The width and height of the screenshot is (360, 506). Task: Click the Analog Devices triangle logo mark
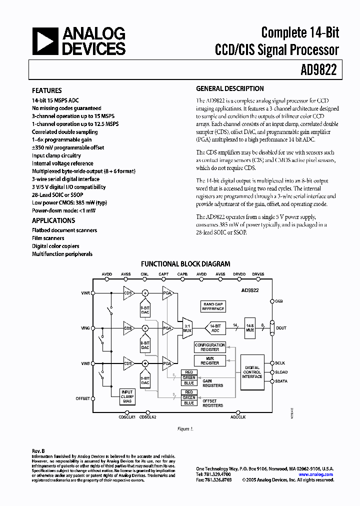[x=45, y=41]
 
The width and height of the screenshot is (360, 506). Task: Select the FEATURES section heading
[x=47, y=91]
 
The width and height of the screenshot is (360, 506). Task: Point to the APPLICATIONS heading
[x=53, y=220]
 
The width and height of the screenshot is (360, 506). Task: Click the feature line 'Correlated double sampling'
[x=65, y=132]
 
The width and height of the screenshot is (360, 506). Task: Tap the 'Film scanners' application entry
[x=48, y=238]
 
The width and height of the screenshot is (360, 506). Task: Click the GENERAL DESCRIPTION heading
[x=230, y=89]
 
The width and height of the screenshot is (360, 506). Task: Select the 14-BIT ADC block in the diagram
[x=215, y=327]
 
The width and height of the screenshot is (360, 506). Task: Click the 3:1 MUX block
[x=187, y=327]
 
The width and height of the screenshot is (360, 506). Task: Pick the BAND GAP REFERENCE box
[x=213, y=306]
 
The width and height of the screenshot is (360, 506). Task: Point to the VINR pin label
[x=85, y=293]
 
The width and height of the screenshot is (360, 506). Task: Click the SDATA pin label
[x=281, y=381]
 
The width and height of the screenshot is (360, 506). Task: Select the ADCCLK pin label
[x=238, y=416]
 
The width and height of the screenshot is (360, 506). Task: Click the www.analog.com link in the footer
[x=315, y=474]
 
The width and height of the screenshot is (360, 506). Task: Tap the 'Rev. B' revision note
[x=38, y=451]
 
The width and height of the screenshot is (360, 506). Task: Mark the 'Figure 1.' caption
[x=184, y=429]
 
